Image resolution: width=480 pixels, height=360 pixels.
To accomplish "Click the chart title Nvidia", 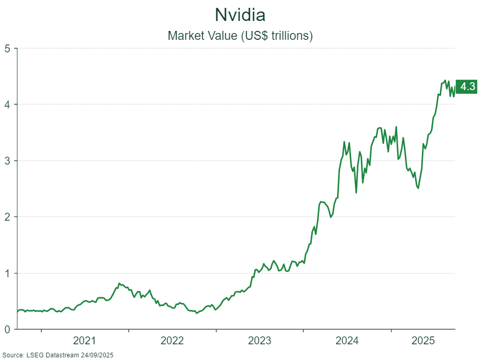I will (x=240, y=14).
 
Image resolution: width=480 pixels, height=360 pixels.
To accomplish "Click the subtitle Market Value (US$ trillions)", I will (x=240, y=36).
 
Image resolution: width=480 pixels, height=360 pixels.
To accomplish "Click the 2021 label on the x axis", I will (x=84, y=341).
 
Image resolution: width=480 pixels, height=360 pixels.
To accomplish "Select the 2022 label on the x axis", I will (x=172, y=341).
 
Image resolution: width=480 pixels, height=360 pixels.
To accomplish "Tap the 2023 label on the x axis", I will (x=259, y=341).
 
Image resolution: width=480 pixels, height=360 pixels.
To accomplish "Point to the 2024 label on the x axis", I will (x=346, y=341).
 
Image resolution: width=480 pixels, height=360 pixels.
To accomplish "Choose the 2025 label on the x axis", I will (x=423, y=341).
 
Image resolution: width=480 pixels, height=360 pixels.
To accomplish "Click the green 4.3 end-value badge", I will (x=467, y=87).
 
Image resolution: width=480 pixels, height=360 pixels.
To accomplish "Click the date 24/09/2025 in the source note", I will (x=98, y=355).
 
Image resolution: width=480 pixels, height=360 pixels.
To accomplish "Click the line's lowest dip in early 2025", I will (x=418, y=188).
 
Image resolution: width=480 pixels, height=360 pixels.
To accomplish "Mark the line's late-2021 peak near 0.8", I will (x=119, y=283).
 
